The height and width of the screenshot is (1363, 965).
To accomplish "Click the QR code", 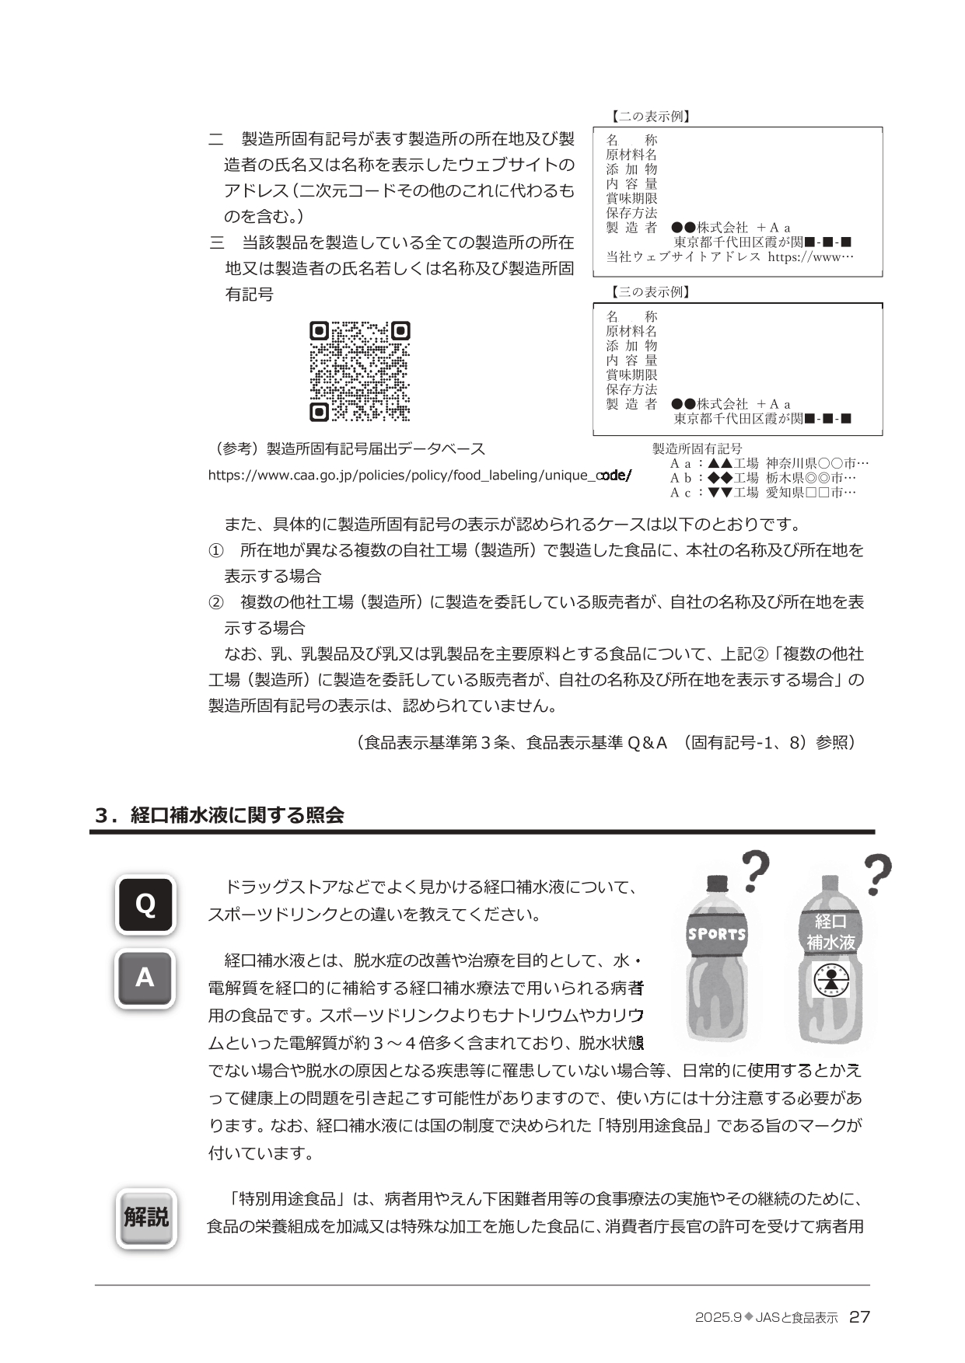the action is pyautogui.click(x=359, y=371).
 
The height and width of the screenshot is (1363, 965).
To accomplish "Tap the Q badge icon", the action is pyautogui.click(x=145, y=904).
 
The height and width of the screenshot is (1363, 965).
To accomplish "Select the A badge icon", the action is pyautogui.click(x=145, y=978).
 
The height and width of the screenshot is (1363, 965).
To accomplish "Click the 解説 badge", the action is pyautogui.click(x=146, y=1218).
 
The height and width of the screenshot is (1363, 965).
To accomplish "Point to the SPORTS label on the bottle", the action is pyautogui.click(x=716, y=934).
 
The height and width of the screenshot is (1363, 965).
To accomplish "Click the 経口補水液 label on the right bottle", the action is pyautogui.click(x=830, y=932).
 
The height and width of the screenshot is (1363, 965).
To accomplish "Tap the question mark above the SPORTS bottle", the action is pyautogui.click(x=755, y=871).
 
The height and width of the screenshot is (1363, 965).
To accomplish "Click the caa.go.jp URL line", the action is pyautogui.click(x=420, y=475).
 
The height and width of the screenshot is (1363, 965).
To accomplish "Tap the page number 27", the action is pyautogui.click(x=859, y=1317).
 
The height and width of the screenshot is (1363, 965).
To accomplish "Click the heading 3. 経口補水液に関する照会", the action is pyautogui.click(x=219, y=815).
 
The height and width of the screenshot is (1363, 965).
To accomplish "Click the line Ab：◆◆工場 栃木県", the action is pyautogui.click(x=763, y=478).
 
